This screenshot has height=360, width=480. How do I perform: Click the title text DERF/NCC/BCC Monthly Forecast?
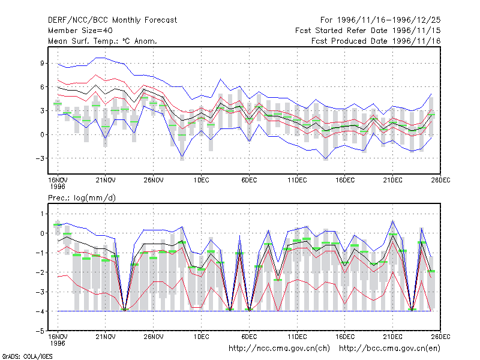[x=112, y=20]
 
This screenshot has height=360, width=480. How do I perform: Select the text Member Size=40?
[x=80, y=31]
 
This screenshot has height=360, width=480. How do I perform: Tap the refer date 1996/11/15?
[x=416, y=31]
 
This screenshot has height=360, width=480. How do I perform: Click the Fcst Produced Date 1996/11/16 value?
[x=416, y=41]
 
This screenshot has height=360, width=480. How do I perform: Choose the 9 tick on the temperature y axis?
[x=42, y=63]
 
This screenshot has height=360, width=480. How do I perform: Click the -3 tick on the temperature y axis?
[x=40, y=158]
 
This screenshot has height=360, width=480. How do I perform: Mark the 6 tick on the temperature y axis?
[x=42, y=87]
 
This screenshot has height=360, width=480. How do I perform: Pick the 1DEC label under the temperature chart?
[x=202, y=180]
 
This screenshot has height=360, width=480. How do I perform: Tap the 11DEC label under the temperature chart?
[x=297, y=180]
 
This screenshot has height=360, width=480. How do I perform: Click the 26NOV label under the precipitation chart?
[x=154, y=337]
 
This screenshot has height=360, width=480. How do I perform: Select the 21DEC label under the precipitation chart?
[x=393, y=337]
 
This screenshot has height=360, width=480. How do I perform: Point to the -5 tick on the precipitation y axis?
[x=40, y=331]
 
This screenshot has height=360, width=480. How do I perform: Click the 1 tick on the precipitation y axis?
[x=42, y=214]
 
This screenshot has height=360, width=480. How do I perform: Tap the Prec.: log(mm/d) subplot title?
[x=82, y=198]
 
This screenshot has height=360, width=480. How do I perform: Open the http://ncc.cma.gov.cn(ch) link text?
[x=279, y=349]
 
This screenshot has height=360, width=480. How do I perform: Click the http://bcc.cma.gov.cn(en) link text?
[x=389, y=349]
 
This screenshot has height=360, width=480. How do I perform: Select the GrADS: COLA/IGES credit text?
[x=27, y=356]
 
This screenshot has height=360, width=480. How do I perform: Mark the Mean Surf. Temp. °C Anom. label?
[x=103, y=41]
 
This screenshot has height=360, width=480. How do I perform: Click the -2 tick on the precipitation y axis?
[x=40, y=272]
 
